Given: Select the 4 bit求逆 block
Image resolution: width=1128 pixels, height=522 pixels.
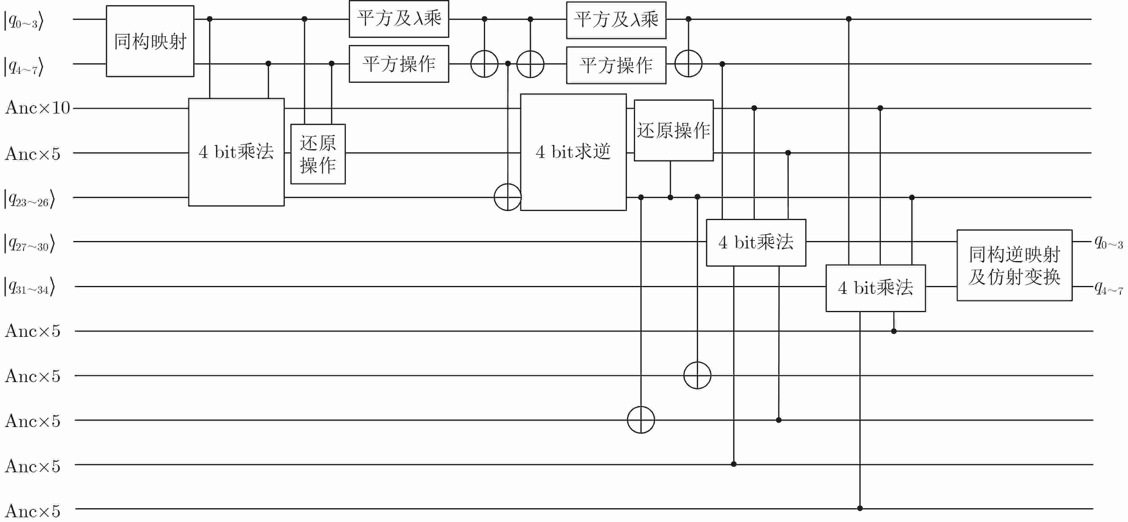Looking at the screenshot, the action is tap(573, 152).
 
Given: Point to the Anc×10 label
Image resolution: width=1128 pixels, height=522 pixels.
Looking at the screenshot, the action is tap(38, 108).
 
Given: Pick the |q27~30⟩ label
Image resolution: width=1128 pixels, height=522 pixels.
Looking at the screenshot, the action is tap(29, 243).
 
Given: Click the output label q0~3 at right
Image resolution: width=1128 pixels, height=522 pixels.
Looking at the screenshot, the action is tap(1108, 242).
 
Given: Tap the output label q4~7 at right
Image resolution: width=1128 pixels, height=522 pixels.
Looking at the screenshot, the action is tap(1108, 287).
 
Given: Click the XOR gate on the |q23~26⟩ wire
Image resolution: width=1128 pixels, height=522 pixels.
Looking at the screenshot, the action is tap(508, 197).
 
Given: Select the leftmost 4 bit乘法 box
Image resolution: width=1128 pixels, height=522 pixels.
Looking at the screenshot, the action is tap(236, 152).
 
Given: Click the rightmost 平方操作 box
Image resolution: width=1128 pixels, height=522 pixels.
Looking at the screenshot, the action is tap(616, 65).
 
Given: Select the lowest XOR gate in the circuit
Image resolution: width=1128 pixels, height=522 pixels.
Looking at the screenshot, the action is tap(641, 419).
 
